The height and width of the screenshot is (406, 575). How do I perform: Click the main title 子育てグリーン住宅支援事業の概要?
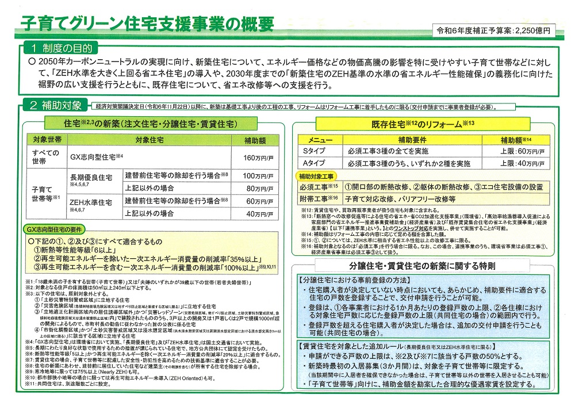pyautogui.click(x=147, y=24)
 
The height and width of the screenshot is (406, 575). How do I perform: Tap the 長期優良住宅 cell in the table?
pyautogui.click(x=89, y=178)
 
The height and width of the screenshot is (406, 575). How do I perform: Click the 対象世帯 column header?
pyautogui.click(x=45, y=140)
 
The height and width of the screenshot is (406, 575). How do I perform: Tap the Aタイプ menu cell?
pyautogui.click(x=314, y=164)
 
